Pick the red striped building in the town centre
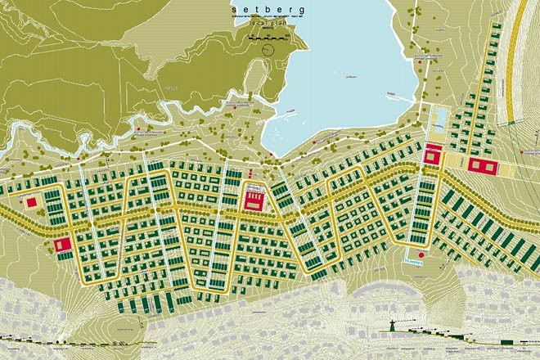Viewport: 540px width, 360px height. pyautogui.click(x=254, y=198)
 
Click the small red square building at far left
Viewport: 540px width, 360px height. pyautogui.click(x=33, y=201)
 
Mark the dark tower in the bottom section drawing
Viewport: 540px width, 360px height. pyautogui.click(x=394, y=326)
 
